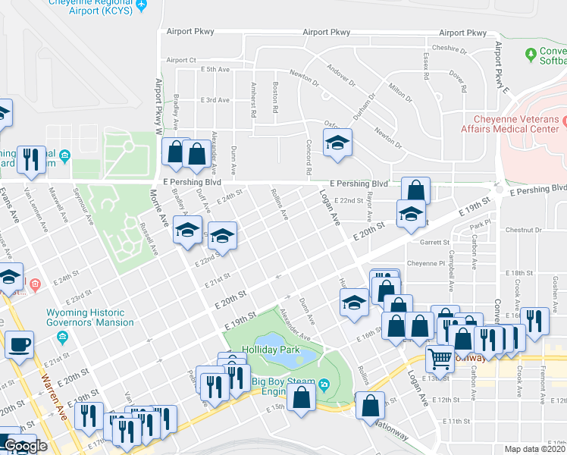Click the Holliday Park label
[x=266, y=350]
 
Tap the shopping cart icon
[x=440, y=358]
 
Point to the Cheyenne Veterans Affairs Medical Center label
[x=520, y=124]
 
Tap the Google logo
[x=25, y=446]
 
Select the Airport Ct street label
[x=181, y=60]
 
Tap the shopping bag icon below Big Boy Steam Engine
[x=302, y=397]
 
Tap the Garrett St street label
[x=435, y=243]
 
